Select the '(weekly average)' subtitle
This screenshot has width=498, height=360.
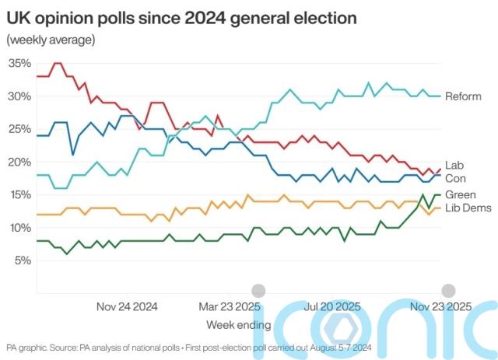[x=51, y=40]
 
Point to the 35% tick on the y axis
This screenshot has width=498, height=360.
[x=19, y=64]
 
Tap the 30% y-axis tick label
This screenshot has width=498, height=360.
[x=19, y=96]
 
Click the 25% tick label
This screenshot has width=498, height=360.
[x=19, y=129]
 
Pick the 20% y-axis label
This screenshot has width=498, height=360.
[x=19, y=162]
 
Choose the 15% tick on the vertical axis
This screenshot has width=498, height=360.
[x=19, y=194]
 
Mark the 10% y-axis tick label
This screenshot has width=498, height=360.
[x=19, y=227]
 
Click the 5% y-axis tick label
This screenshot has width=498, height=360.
[x=22, y=260]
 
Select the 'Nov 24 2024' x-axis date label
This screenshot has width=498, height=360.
[x=127, y=306]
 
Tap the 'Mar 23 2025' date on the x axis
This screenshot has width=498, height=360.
[x=230, y=306]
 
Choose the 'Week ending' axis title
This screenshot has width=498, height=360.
[x=239, y=323]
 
